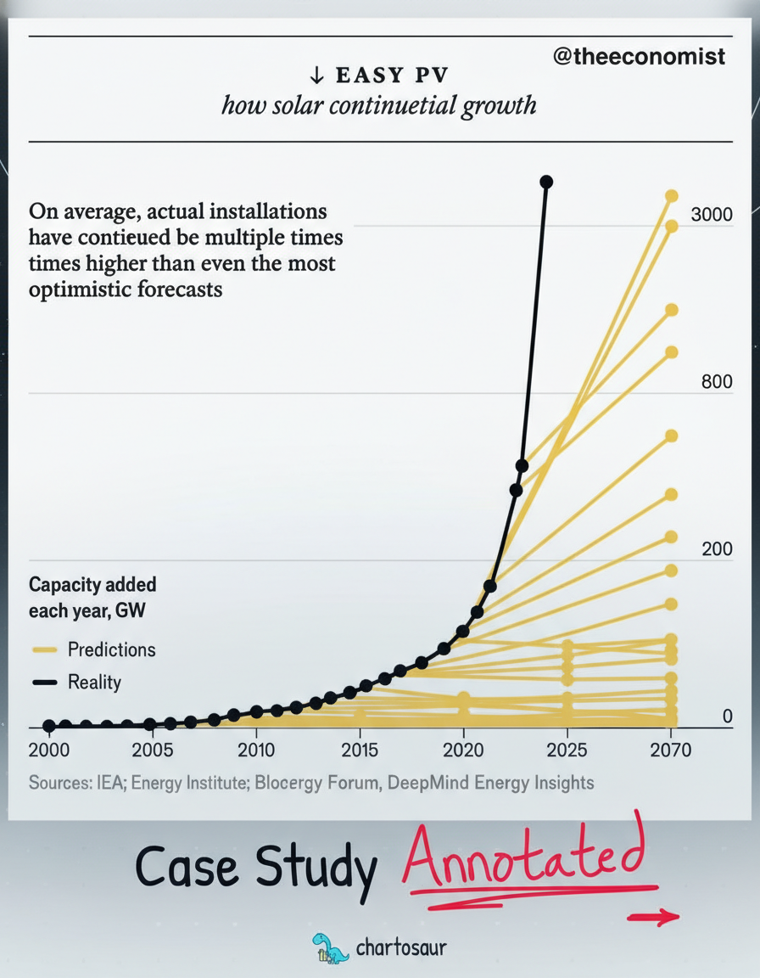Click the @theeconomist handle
639,56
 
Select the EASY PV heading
379,76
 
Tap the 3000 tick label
711,215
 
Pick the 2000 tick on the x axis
49,750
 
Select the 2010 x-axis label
256,750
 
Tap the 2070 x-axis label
670,750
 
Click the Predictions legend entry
111,649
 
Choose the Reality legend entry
94,682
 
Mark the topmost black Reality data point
546,182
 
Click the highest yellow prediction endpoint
671,196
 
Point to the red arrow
653,917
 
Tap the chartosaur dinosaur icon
329,947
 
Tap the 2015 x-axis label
360,750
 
